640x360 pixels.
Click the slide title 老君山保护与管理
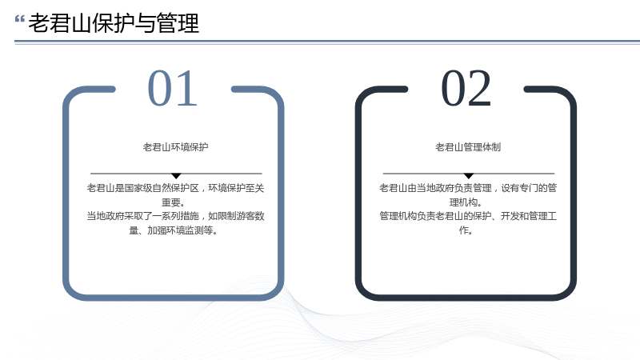(114, 23)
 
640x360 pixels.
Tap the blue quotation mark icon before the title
(19, 18)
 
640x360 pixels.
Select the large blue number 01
(173, 88)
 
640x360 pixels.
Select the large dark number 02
(466, 88)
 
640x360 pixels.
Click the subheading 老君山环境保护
(175, 147)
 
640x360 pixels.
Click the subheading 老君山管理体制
(468, 147)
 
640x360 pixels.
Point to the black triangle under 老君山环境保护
(176, 176)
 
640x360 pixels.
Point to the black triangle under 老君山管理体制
(469, 176)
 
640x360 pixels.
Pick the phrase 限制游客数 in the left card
(241, 216)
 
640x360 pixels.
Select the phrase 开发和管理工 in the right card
(529, 216)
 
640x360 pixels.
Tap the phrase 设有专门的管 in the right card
(529, 188)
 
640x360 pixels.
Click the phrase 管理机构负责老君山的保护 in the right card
(435, 216)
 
